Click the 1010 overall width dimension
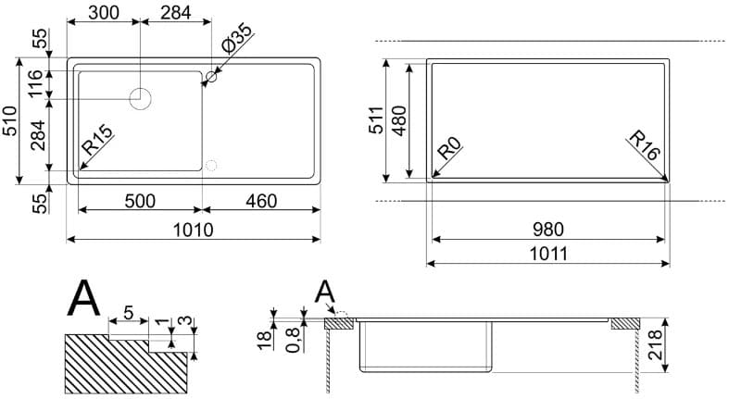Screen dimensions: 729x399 [x=193, y=230]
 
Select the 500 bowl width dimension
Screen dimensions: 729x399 [x=140, y=201]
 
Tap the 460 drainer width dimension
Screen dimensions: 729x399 [x=261, y=201]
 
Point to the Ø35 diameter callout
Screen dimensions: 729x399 [x=236, y=39]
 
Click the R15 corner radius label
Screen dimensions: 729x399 [x=97, y=141]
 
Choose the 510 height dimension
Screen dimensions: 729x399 [x=10, y=120]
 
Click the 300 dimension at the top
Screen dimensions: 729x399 [x=103, y=13]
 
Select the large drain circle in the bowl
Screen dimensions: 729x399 [x=140, y=99]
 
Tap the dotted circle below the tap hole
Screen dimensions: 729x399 [x=211, y=165]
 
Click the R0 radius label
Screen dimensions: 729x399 [x=449, y=148]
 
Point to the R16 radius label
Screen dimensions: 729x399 [x=645, y=145]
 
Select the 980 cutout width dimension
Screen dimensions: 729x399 [x=548, y=230]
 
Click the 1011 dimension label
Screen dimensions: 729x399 [x=548, y=254]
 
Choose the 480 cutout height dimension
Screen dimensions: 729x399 [x=399, y=120]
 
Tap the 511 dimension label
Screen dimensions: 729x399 [x=376, y=120]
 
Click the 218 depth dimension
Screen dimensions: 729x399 [x=655, y=344]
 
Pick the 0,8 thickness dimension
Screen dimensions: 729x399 [x=293, y=340]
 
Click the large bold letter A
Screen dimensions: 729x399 [x=83, y=298]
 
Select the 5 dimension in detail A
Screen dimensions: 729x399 [x=129, y=313]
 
